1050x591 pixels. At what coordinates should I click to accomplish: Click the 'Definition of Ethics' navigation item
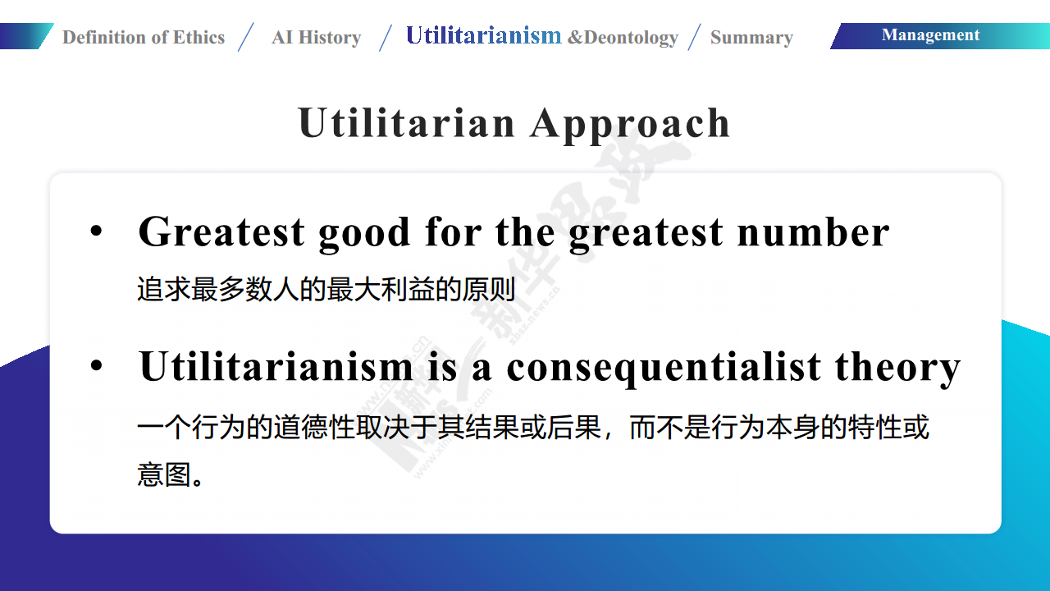click(x=144, y=37)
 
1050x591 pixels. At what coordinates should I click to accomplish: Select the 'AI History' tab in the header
click(x=317, y=37)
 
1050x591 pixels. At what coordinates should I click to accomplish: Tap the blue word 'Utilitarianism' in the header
click(x=484, y=35)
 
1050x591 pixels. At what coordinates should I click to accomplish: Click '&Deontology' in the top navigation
click(x=623, y=38)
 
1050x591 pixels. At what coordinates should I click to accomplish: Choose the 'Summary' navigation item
click(x=751, y=38)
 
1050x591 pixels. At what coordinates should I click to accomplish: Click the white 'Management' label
click(x=930, y=35)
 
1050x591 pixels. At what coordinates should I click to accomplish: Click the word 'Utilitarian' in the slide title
click(x=406, y=123)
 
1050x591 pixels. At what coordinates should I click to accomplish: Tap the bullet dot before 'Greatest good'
click(x=96, y=231)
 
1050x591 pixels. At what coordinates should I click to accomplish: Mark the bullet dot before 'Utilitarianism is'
click(x=96, y=365)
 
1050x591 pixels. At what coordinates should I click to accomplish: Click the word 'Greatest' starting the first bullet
click(x=221, y=231)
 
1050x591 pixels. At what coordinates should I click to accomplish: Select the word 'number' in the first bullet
click(x=813, y=231)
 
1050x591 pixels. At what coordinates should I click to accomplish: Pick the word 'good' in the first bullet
click(x=364, y=234)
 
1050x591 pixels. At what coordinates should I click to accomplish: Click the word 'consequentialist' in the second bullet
click(x=664, y=369)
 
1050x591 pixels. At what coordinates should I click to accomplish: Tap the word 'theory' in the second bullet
click(x=897, y=369)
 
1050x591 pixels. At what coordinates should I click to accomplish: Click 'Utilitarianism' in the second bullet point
click(x=276, y=366)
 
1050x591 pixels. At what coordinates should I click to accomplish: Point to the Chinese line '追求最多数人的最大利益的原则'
click(x=326, y=289)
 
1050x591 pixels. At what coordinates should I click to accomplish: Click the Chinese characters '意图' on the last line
click(x=164, y=474)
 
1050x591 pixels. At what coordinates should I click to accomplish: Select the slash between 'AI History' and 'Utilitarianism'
click(x=386, y=37)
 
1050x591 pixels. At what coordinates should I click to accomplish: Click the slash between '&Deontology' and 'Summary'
click(x=694, y=37)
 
